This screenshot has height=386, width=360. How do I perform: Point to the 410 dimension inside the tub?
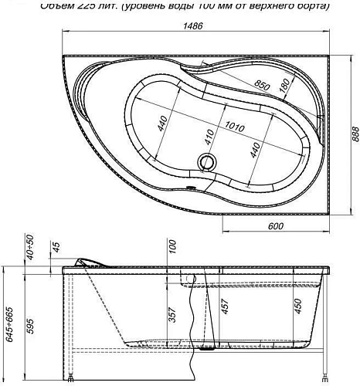(209, 137)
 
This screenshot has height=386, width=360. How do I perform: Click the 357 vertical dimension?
(172, 314)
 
